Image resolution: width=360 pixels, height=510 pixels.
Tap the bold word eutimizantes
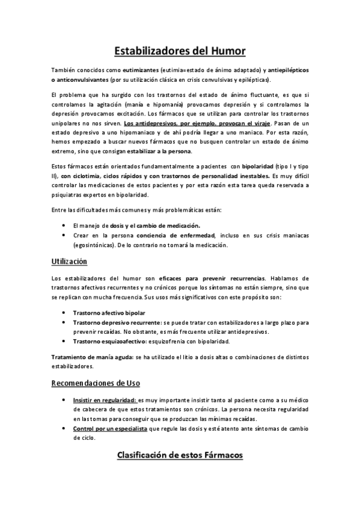[137, 70]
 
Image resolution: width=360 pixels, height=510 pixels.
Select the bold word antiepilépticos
[284, 70]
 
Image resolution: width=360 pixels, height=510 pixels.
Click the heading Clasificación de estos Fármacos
[180, 455]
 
